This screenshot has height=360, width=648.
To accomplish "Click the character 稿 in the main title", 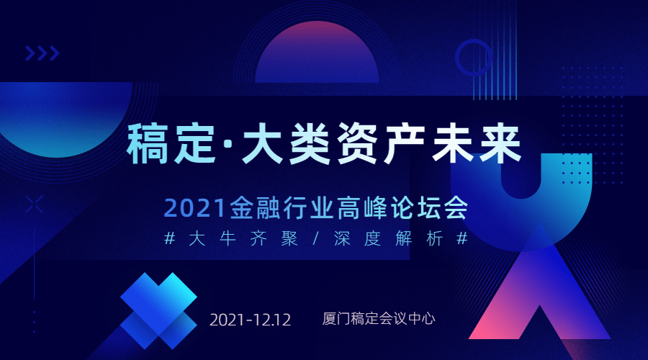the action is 147,143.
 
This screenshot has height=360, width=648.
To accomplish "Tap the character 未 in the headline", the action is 453,143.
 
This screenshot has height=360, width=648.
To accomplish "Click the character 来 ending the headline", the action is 500,143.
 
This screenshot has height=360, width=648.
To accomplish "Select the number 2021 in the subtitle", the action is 194,208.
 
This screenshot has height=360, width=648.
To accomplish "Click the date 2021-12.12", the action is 251,320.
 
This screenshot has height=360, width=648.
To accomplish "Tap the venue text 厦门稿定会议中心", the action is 379,319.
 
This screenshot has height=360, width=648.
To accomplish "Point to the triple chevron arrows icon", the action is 42,53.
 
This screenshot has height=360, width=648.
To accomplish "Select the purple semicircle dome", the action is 317,52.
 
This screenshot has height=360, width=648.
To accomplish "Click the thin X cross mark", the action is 34,205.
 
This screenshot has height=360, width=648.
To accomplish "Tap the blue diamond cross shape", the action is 158,311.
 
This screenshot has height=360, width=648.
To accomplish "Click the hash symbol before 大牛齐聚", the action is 169,238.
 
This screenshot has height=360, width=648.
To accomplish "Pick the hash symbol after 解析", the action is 462,238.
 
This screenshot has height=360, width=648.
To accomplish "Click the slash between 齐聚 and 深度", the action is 316,238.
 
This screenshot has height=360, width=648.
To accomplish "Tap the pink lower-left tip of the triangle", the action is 471,338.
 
